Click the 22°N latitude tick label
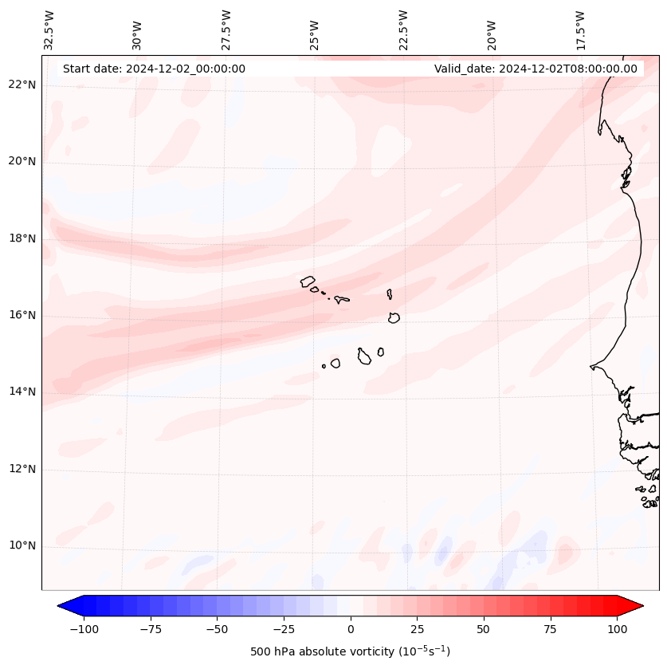(x=22, y=85)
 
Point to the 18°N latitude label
(x=22, y=238)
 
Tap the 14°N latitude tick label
(x=22, y=392)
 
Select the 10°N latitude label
(x=22, y=546)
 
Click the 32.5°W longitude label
(x=49, y=30)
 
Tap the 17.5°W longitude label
(x=580, y=30)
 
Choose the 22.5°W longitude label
(x=403, y=30)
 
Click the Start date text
(x=154, y=69)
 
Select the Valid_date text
(x=536, y=69)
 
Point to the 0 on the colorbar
(x=351, y=629)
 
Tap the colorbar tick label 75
(x=550, y=629)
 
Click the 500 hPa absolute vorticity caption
(x=350, y=652)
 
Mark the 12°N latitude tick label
(x=22, y=469)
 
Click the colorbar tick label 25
(x=417, y=629)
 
